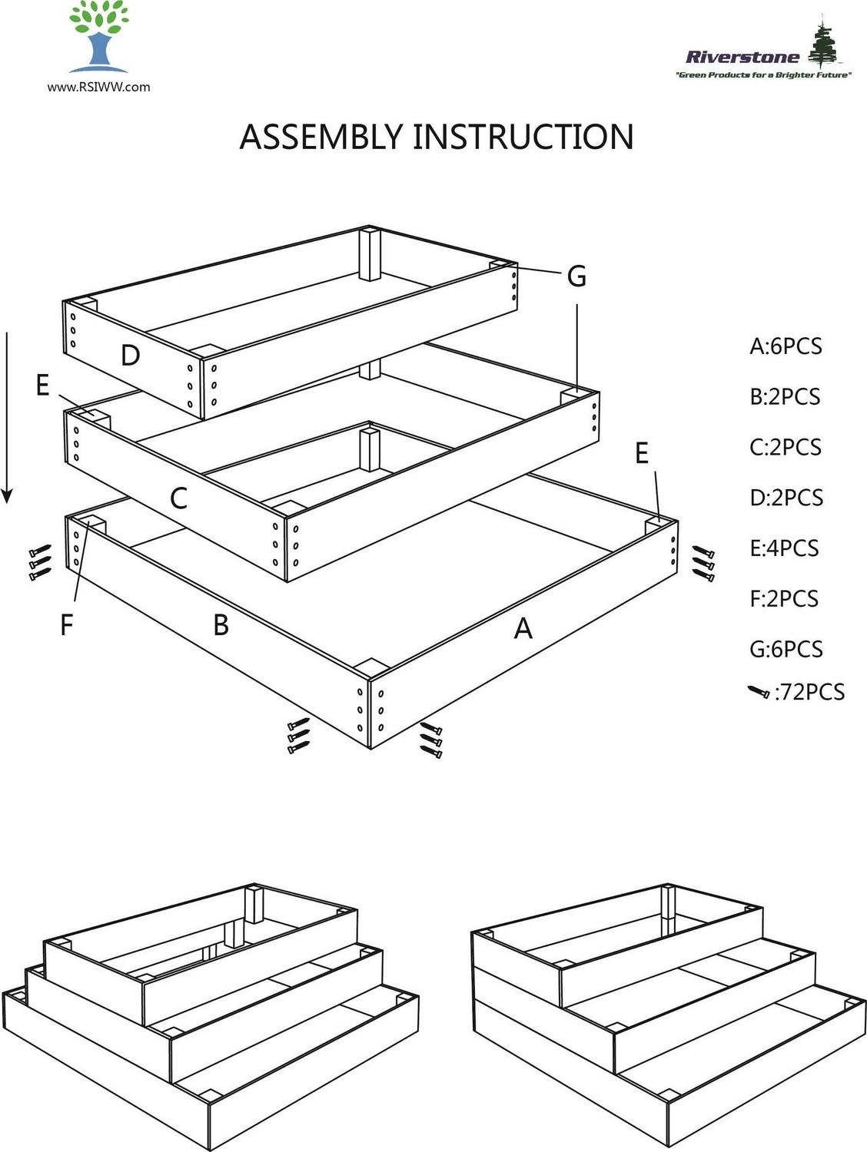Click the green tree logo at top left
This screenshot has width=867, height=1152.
[x=98, y=36]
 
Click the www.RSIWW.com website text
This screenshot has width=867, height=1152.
[x=98, y=87]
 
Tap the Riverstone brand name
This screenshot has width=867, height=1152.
[x=742, y=56]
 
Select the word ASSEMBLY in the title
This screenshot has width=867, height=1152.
[x=321, y=137]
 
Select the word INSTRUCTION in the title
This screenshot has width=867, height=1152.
[x=523, y=137]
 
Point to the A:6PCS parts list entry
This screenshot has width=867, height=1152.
[x=786, y=346]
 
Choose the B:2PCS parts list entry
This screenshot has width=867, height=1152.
[x=785, y=397]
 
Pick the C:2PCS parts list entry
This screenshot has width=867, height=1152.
[x=786, y=447]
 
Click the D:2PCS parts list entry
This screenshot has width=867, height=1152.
[x=786, y=498]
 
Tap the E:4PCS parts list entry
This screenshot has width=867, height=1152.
[x=784, y=548]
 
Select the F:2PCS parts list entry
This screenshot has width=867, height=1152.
[x=784, y=599]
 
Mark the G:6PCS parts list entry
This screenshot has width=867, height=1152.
[x=786, y=650]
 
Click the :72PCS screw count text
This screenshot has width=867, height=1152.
[x=809, y=693]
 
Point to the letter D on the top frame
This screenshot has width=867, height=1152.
[x=131, y=356]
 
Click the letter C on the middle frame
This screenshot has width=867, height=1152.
[x=178, y=498]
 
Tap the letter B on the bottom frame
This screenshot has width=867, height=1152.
[x=221, y=625]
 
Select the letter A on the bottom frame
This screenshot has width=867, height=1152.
[x=523, y=629]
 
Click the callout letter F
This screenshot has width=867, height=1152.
[x=67, y=625]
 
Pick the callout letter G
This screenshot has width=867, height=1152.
[x=576, y=276]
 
